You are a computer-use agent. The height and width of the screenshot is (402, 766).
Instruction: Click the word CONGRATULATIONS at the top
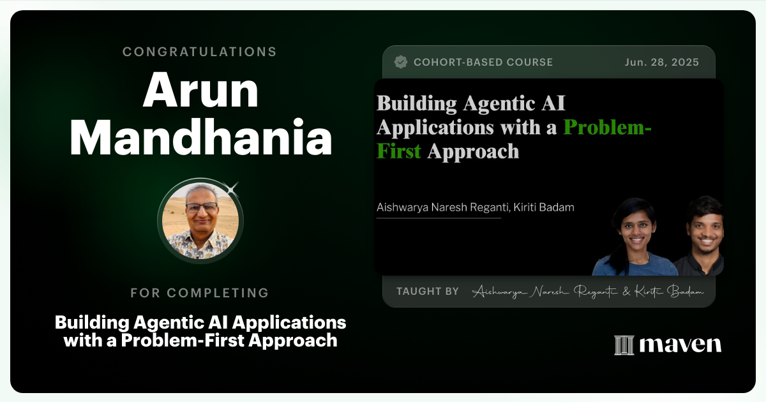200,52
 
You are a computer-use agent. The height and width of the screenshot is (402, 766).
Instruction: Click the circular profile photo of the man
200,221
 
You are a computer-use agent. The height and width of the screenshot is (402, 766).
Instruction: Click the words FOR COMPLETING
200,293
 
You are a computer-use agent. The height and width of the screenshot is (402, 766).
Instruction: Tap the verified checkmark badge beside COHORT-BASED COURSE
401,62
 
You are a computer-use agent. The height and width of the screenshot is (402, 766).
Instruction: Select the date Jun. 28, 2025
661,62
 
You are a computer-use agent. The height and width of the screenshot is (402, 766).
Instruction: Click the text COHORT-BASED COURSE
483,62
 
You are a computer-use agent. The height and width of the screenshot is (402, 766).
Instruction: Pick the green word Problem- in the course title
607,127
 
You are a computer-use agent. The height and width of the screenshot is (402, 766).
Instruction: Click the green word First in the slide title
399,151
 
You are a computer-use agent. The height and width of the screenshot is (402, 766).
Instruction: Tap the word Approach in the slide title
473,151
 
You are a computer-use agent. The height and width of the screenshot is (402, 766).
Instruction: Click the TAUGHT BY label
427,291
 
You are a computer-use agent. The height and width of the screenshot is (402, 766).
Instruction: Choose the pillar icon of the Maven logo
624,345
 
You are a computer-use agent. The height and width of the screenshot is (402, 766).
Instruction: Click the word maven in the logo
680,345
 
